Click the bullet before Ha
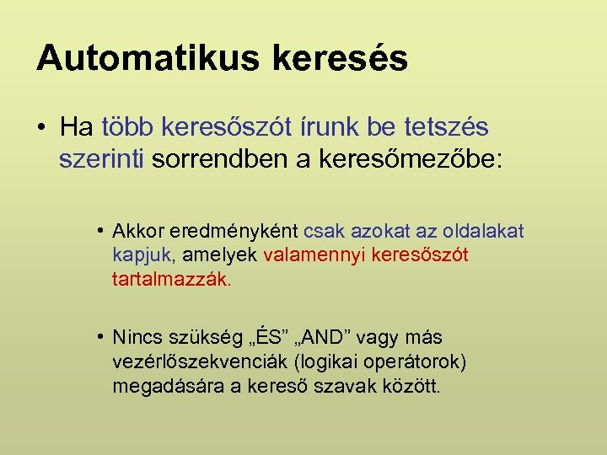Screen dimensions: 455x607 (41, 128)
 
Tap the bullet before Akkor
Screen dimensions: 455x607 (99, 230)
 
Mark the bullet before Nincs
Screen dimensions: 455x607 (99, 338)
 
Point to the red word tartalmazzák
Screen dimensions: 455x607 (171, 279)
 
